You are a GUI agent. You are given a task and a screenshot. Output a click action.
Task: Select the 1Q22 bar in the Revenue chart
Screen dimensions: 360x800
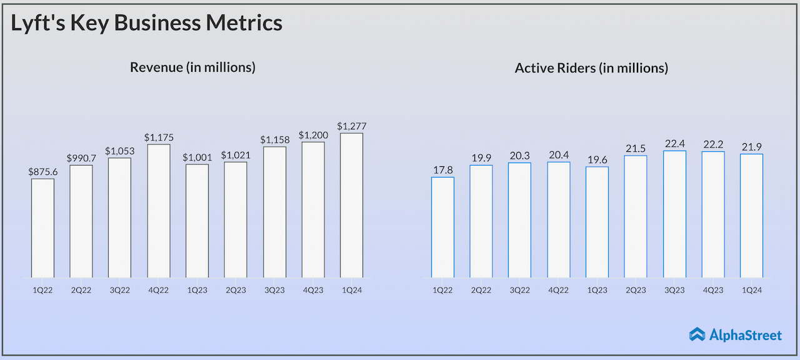42,228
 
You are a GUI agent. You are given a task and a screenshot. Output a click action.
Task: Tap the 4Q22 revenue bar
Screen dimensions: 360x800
159,211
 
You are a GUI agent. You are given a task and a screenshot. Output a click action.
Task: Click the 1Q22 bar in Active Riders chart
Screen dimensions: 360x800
442,227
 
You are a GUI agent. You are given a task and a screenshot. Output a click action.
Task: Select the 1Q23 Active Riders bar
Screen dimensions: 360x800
597,222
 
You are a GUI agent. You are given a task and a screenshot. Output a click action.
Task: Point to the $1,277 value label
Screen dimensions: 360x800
351,126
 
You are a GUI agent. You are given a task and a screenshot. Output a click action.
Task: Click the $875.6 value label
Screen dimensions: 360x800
42,172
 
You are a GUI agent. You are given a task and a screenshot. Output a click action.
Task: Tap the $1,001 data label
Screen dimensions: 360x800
197,157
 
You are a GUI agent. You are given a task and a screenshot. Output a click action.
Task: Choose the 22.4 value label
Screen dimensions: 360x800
674,144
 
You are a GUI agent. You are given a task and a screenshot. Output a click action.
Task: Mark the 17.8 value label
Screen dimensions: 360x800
442,171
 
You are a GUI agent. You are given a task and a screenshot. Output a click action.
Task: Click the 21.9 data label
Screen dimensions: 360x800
751,147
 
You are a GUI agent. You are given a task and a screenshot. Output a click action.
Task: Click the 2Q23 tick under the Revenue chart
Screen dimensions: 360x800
236,290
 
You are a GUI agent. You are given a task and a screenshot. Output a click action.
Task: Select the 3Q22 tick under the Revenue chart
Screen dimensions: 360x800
120,290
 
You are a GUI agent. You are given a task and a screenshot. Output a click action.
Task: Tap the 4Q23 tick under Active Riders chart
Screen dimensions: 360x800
713,290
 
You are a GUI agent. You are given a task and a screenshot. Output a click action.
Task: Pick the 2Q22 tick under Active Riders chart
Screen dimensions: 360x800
481,290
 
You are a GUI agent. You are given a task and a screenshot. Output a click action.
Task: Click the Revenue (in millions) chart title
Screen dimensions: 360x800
192,67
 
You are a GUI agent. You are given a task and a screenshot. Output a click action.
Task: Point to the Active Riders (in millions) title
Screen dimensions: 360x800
591,68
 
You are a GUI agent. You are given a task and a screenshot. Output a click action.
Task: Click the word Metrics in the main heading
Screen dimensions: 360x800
246,23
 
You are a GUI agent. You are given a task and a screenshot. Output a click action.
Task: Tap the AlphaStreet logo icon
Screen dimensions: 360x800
697,335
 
